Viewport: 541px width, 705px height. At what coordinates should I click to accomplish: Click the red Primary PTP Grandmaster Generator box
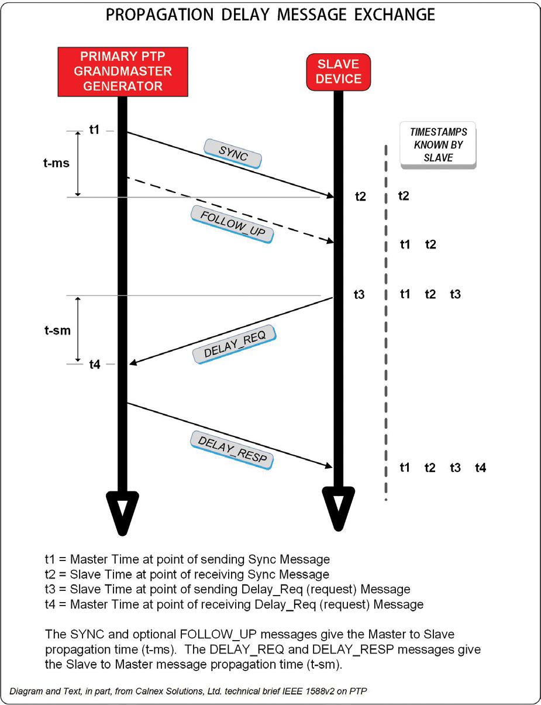point(122,71)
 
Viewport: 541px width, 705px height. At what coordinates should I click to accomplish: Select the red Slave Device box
point(339,71)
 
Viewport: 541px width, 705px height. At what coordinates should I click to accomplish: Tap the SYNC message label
point(233,154)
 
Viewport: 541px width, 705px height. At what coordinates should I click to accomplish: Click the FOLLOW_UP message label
point(232,224)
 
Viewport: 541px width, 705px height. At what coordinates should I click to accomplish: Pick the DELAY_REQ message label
point(235,345)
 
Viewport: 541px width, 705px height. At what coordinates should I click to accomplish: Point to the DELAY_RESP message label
point(232,450)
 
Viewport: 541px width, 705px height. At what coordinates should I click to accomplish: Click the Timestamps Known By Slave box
point(438,145)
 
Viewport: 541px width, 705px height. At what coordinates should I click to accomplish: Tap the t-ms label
point(56,163)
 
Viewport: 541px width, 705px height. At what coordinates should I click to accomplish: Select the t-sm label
point(57,331)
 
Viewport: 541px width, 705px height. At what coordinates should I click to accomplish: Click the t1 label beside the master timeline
point(94,130)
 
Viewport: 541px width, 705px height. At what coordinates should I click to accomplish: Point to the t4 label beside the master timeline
point(95,364)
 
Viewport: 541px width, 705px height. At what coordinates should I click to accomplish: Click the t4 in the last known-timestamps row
point(480,467)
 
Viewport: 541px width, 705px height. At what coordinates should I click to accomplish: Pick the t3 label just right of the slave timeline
point(359,295)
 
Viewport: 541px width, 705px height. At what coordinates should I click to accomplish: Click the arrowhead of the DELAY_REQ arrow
point(132,363)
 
